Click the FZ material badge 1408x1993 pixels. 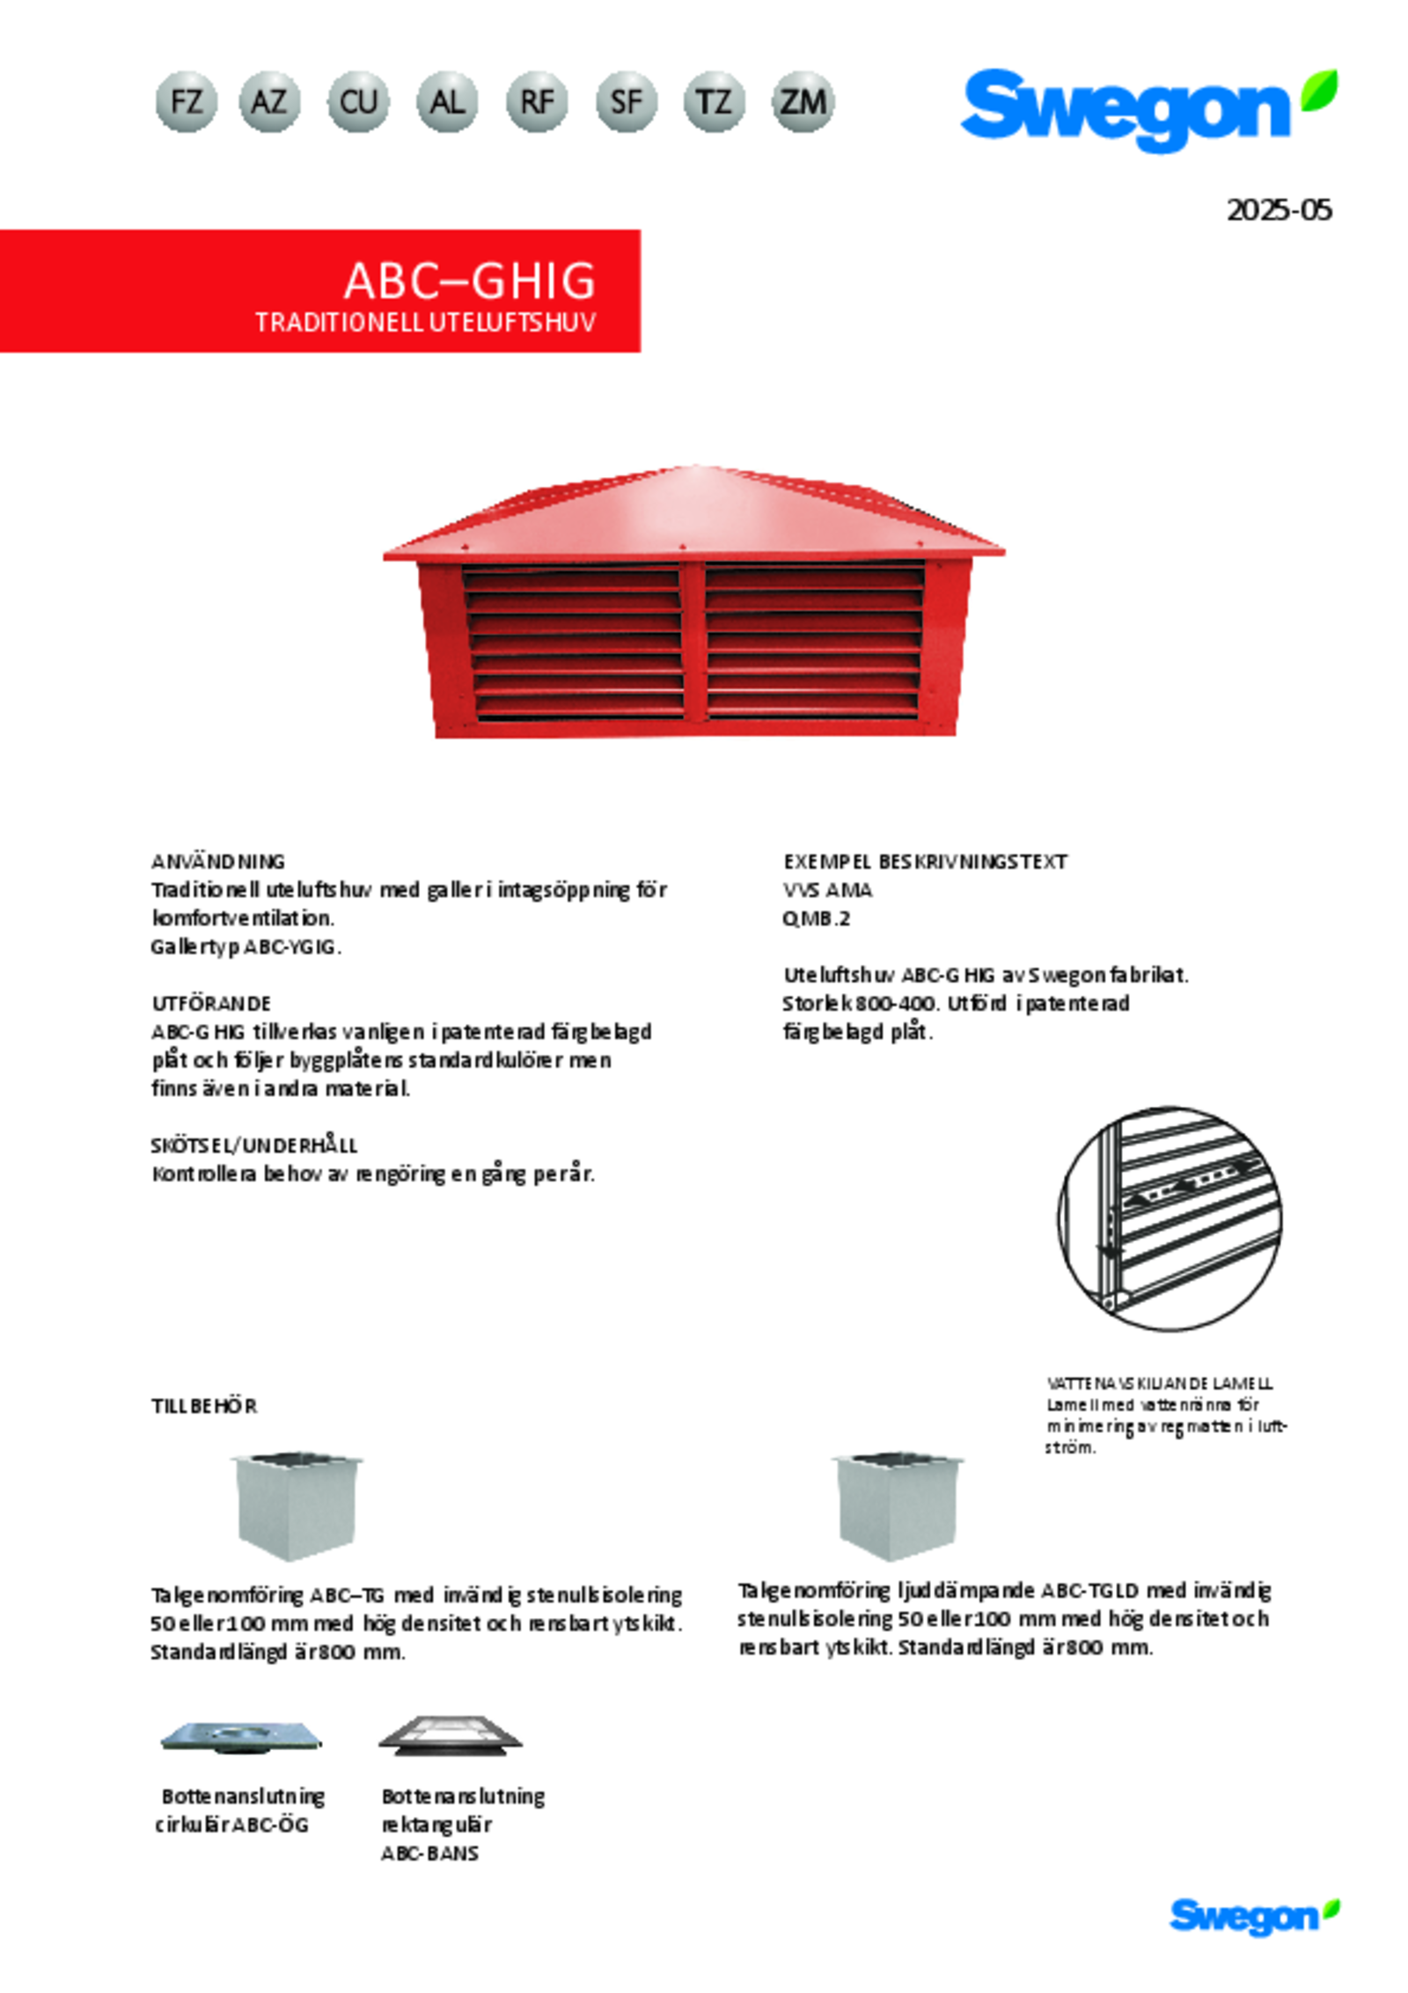(186, 102)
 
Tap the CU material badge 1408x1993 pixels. (358, 102)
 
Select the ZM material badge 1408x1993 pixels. (803, 102)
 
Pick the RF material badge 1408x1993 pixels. (537, 102)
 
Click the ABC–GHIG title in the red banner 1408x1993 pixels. (469, 282)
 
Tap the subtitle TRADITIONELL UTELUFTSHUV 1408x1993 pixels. (425, 322)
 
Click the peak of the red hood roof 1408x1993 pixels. (695, 468)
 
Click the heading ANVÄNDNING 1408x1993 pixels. (218, 861)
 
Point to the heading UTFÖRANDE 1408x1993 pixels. (211, 1004)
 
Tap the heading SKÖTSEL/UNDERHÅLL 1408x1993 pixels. (254, 1145)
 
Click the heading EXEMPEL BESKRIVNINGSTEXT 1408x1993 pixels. (924, 862)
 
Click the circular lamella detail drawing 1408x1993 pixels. (1169, 1218)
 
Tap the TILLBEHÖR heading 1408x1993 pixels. (204, 1406)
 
